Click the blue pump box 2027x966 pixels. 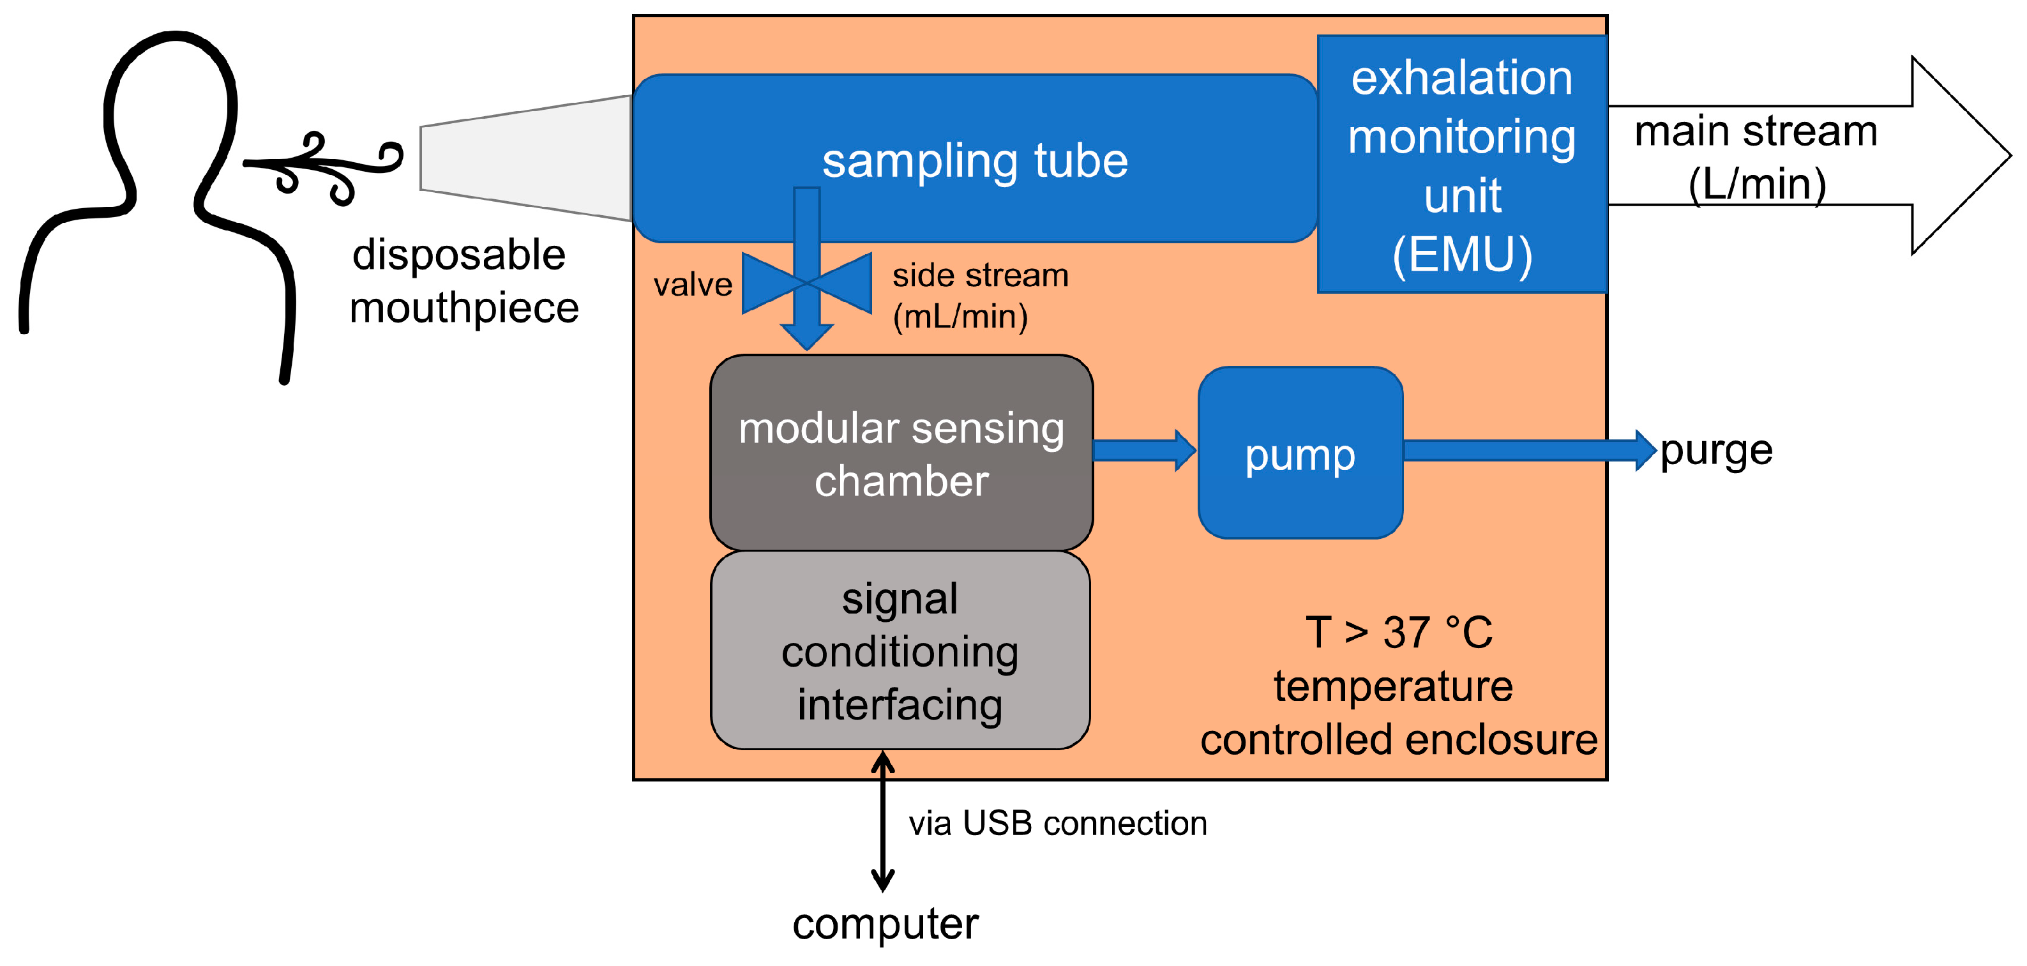click(1300, 453)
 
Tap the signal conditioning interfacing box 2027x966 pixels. click(900, 651)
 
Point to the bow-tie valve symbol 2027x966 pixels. click(806, 283)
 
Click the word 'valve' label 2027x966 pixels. click(693, 284)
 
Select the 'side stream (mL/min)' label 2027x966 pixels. click(981, 296)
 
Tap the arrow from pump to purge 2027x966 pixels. click(1530, 451)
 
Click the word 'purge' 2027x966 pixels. click(1716, 452)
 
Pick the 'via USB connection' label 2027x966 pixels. click(1058, 824)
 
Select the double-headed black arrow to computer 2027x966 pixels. click(883, 820)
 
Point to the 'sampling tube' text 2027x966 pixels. click(975, 162)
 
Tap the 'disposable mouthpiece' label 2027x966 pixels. click(464, 281)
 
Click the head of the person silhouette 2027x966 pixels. click(170, 110)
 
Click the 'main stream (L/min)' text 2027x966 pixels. click(1756, 157)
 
